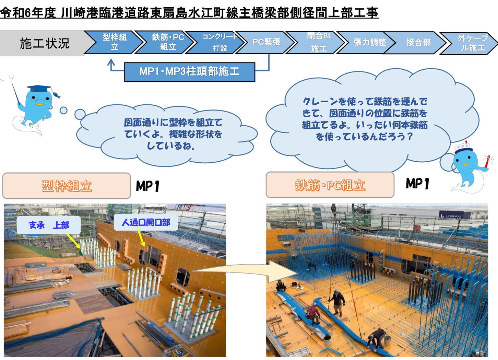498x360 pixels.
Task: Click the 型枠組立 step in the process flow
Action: tap(114, 42)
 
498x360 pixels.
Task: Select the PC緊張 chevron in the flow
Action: tap(266, 42)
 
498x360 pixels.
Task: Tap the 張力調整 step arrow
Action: tap(369, 42)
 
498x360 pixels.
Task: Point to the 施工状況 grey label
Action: tap(44, 43)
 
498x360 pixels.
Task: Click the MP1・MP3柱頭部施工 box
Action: tap(189, 72)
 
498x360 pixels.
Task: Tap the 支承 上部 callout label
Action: tap(49, 225)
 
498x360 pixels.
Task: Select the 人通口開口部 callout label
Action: tap(146, 223)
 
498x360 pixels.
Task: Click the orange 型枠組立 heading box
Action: tap(67, 186)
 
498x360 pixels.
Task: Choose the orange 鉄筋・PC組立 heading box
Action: tap(330, 185)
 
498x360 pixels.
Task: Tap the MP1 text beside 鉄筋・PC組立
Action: tap(417, 184)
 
